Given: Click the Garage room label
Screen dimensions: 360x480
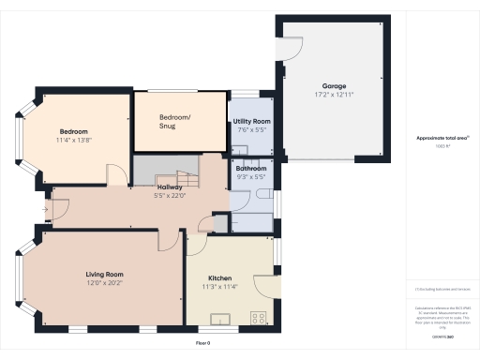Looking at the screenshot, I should click(x=334, y=87).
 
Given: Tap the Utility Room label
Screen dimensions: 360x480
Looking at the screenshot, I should click(x=251, y=122).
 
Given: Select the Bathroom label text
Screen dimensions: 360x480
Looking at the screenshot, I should click(x=251, y=169).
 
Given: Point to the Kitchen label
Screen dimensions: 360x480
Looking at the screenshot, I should click(x=219, y=279).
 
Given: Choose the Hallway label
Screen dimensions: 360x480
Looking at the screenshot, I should click(x=170, y=187).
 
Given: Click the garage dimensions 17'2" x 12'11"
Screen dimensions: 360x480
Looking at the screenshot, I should click(x=334, y=96).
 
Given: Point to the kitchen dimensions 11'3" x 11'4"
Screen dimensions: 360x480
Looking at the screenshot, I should click(x=219, y=288).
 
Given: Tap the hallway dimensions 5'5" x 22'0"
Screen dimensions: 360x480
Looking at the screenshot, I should click(x=170, y=195).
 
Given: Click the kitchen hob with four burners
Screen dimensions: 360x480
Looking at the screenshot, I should click(x=258, y=319).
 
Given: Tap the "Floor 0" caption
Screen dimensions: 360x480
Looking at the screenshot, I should click(x=203, y=344).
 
